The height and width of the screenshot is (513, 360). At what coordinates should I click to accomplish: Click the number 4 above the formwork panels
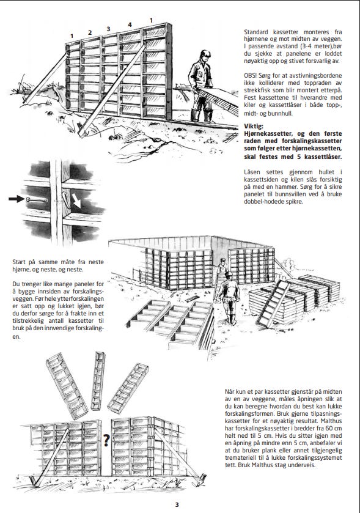click(130, 24)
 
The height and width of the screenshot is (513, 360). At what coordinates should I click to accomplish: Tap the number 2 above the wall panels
click(90, 32)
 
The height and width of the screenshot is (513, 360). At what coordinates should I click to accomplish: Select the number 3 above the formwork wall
click(108, 29)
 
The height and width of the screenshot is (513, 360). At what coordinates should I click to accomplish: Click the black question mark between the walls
click(106, 440)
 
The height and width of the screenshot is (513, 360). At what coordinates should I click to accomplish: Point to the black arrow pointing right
click(17, 199)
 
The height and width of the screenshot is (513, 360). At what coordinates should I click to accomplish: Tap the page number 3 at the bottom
click(177, 504)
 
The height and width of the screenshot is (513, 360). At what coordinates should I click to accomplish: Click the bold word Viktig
click(254, 127)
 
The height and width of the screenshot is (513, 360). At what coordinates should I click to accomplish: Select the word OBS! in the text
click(250, 75)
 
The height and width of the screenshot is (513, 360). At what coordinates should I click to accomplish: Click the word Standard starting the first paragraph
click(256, 32)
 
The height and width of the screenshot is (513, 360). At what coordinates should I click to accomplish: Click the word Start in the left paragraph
click(20, 262)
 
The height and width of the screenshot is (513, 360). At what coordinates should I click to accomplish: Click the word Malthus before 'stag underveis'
click(263, 465)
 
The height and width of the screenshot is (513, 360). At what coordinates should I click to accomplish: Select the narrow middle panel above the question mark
click(98, 381)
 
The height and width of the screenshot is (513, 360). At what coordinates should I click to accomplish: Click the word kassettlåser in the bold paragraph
click(323, 157)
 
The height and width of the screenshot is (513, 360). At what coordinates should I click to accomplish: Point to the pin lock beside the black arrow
click(37, 200)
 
